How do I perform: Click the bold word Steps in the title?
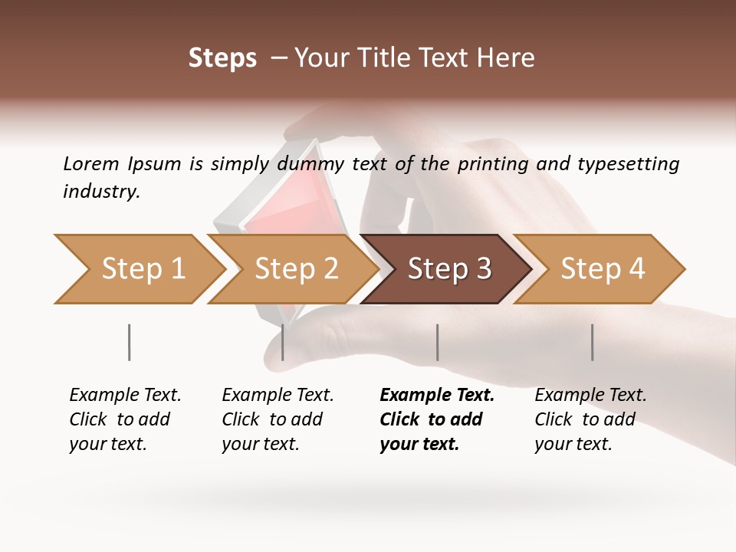click(x=222, y=58)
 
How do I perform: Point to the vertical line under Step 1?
click(x=129, y=342)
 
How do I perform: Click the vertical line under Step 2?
click(x=283, y=342)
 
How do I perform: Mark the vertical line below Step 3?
click(x=437, y=342)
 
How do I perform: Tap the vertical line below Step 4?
click(x=592, y=342)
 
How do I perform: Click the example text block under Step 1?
click(x=124, y=419)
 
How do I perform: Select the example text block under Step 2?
click(x=277, y=419)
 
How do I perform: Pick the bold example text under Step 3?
click(x=436, y=419)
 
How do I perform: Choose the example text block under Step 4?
click(x=590, y=419)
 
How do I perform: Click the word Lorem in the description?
click(x=91, y=164)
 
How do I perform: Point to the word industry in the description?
click(x=101, y=192)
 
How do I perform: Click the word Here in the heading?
click(x=510, y=58)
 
